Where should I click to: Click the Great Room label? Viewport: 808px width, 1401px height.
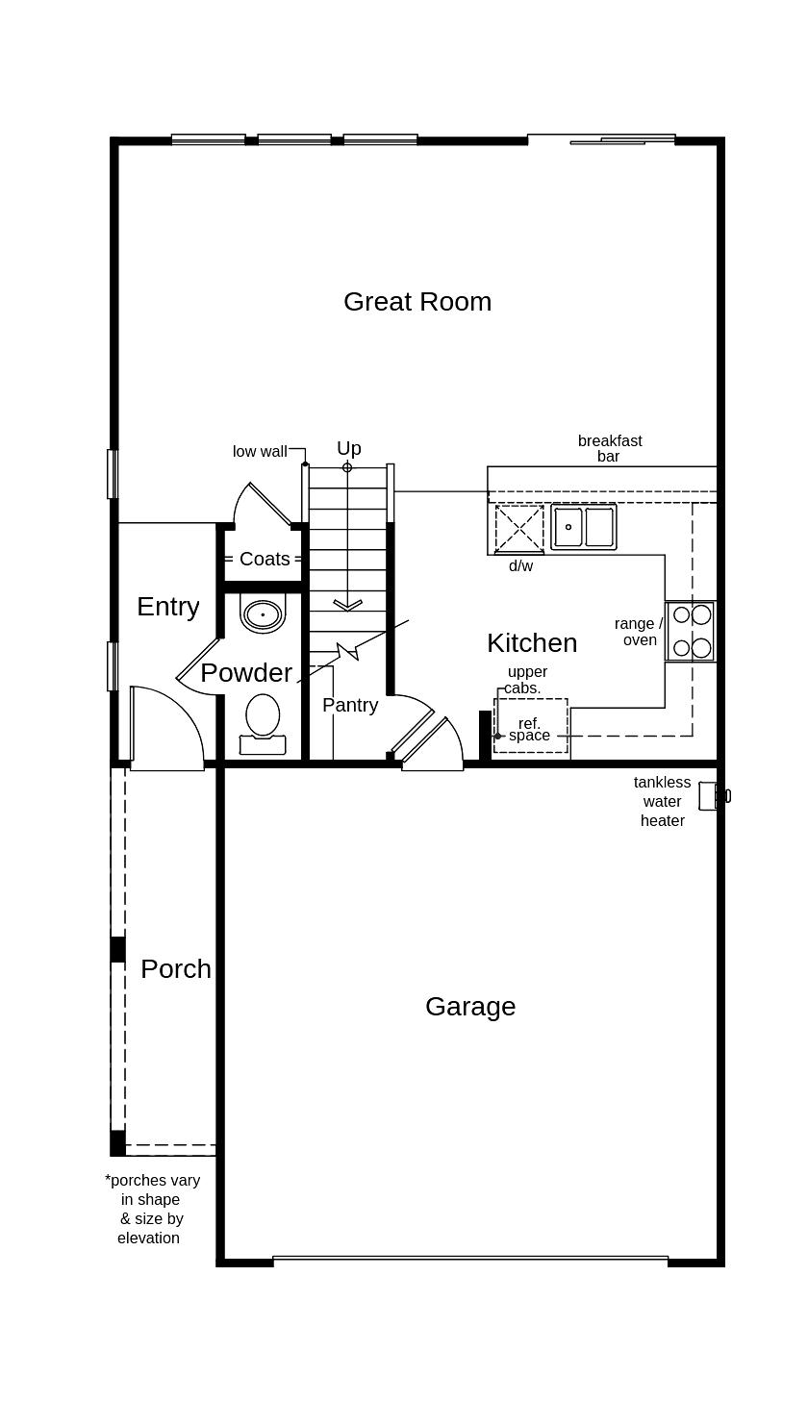pyautogui.click(x=417, y=302)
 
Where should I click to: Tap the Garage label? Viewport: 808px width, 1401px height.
pyautogui.click(x=470, y=1007)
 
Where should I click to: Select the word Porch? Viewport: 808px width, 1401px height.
pyautogui.click(x=175, y=969)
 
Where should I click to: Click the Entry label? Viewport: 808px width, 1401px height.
pyautogui.click(x=167, y=607)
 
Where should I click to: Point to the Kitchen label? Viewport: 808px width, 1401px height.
pyautogui.click(x=531, y=643)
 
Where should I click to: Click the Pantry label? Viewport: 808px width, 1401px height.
pyautogui.click(x=349, y=705)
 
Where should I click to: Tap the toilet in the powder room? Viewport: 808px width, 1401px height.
pyautogui.click(x=263, y=723)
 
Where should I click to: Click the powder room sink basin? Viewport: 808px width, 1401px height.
pyautogui.click(x=263, y=613)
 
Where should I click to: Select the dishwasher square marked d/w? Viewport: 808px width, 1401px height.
pyautogui.click(x=519, y=528)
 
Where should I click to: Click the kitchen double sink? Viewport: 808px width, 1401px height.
pyautogui.click(x=584, y=527)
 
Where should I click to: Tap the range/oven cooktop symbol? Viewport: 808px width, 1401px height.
pyautogui.click(x=691, y=632)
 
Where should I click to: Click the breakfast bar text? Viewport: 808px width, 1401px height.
pyautogui.click(x=609, y=448)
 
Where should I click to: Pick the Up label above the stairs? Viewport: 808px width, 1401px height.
pyautogui.click(x=348, y=448)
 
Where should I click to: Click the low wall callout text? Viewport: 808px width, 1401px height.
pyautogui.click(x=259, y=451)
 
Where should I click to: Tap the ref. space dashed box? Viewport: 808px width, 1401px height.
pyautogui.click(x=530, y=727)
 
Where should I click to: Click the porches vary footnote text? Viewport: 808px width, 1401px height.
pyautogui.click(x=151, y=1209)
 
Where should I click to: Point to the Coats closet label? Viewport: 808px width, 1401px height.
pyautogui.click(x=264, y=559)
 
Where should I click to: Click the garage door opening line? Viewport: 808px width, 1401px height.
pyautogui.click(x=470, y=1258)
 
